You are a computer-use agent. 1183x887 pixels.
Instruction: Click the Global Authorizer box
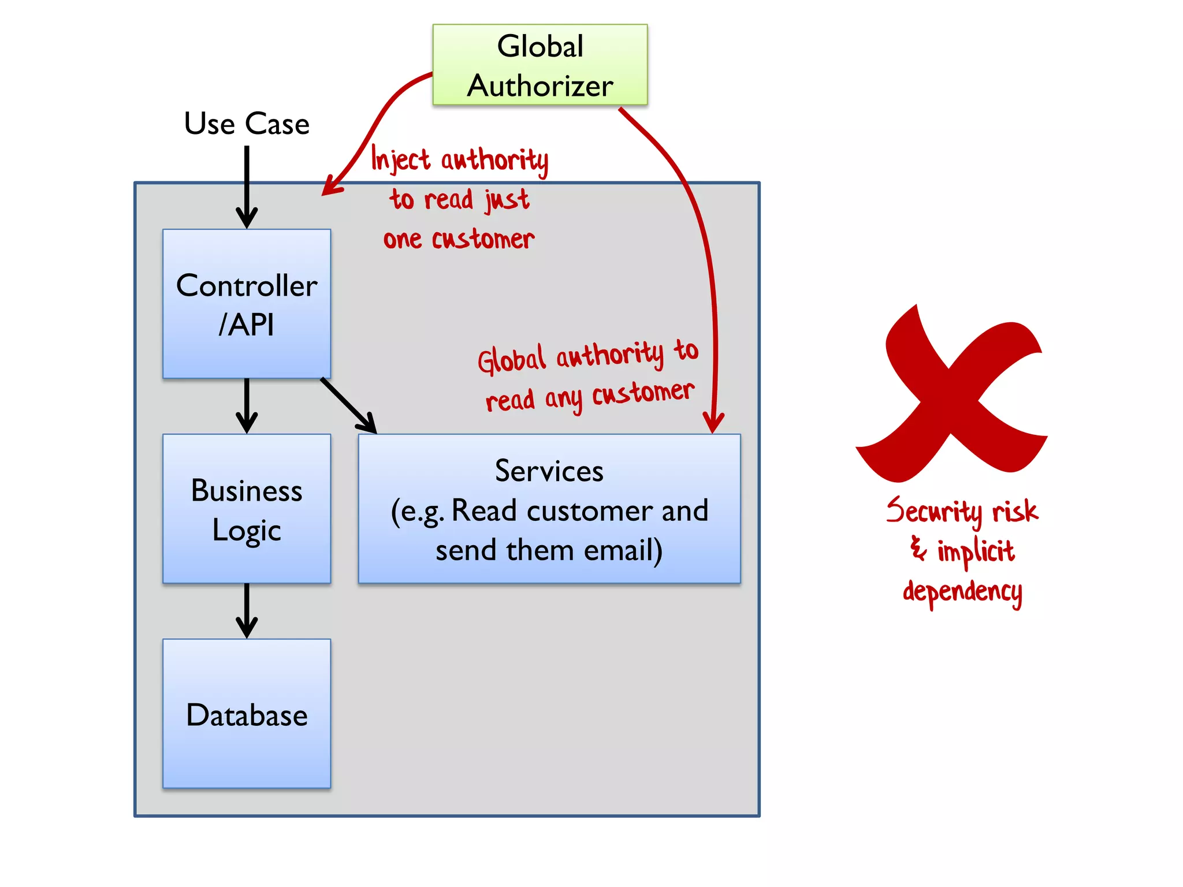pos(540,65)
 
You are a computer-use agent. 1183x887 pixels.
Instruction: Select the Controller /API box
pos(247,304)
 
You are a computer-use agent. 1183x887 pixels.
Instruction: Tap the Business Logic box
pos(247,509)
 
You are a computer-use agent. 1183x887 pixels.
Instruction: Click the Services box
pos(549,509)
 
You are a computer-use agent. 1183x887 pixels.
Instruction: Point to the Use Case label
pos(247,124)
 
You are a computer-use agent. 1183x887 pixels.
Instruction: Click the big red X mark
pos(950,398)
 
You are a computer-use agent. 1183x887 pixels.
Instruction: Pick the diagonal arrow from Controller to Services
pos(348,405)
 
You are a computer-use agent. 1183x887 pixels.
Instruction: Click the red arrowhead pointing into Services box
pos(713,422)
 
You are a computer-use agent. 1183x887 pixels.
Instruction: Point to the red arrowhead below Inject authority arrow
pos(331,186)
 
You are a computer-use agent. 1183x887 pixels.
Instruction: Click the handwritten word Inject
pos(400,159)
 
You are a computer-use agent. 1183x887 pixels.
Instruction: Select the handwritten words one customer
pos(459,238)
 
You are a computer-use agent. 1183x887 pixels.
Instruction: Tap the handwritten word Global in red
pos(511,360)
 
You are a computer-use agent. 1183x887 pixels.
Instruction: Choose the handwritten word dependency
pos(962,592)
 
